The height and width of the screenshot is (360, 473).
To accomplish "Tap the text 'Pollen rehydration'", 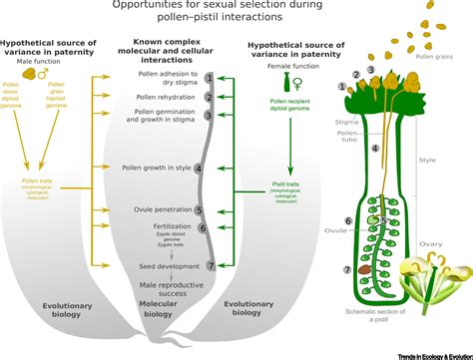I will [x=167, y=97].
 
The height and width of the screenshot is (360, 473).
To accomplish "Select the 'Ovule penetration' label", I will [x=163, y=210].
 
